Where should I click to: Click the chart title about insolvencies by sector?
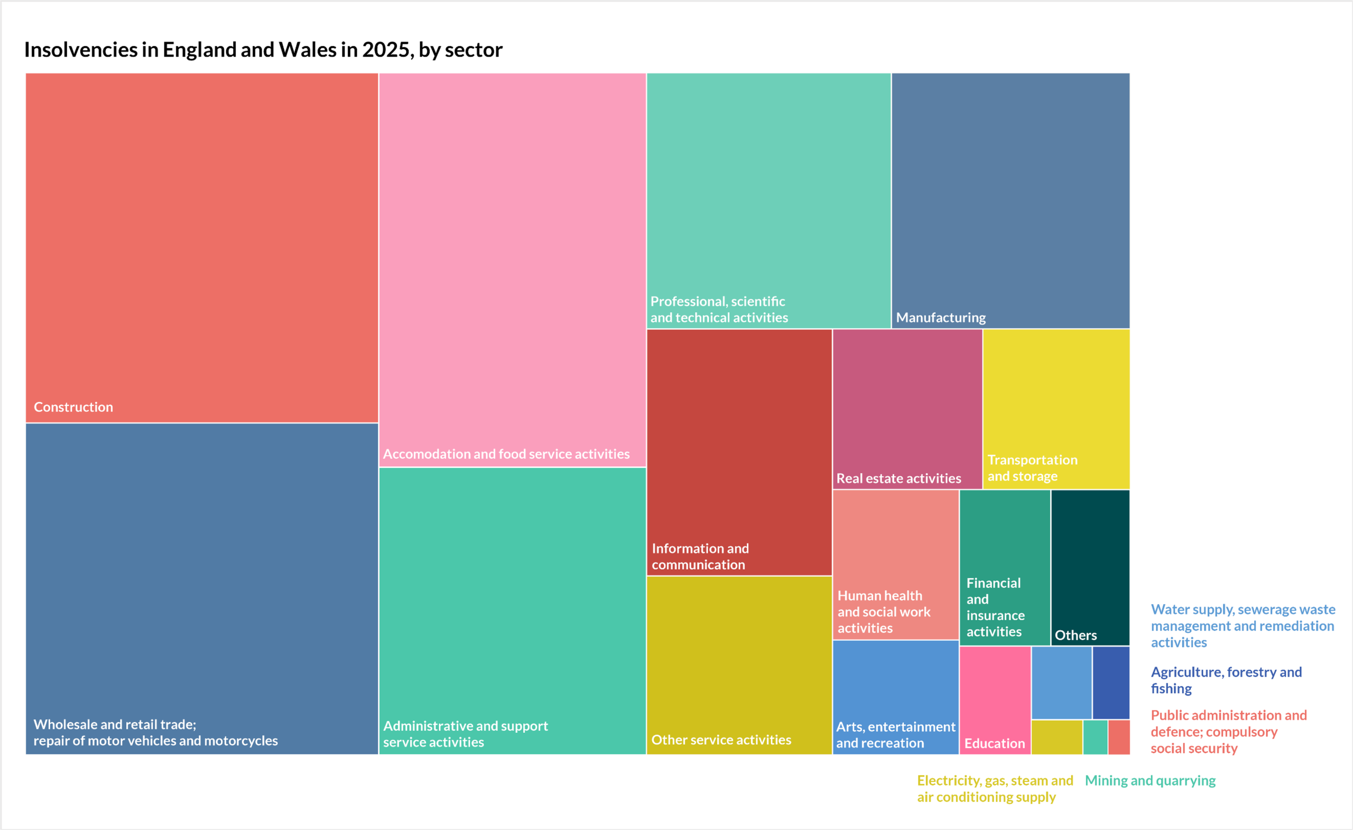click(263, 50)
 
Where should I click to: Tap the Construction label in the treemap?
click(73, 407)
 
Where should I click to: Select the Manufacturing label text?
click(941, 318)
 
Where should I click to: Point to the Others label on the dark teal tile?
click(1076, 635)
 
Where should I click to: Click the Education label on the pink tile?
click(995, 743)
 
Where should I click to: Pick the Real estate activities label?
click(898, 478)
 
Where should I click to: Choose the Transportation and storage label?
click(1032, 468)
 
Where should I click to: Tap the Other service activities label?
click(721, 740)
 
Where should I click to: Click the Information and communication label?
click(700, 557)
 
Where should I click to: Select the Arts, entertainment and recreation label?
click(895, 735)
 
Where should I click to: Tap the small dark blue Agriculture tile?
click(1111, 682)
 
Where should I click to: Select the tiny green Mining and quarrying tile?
click(1095, 737)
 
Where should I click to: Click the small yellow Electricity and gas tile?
click(1057, 737)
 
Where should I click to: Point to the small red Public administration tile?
click(1118, 737)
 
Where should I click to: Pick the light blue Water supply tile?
click(1061, 682)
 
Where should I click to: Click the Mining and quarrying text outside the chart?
click(1150, 780)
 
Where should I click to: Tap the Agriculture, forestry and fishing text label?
click(1226, 680)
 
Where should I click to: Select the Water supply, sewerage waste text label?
click(1242, 625)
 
